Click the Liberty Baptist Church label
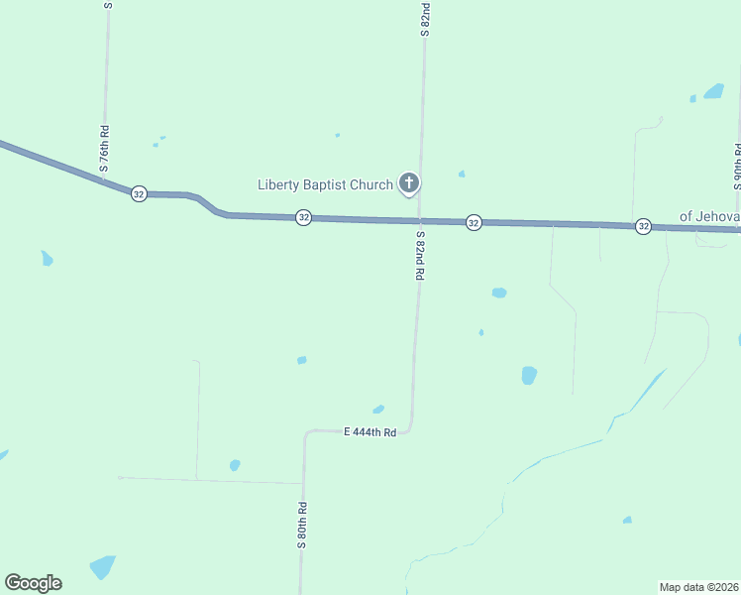(x=325, y=184)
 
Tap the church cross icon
(x=408, y=182)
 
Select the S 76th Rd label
(x=104, y=149)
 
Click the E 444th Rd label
(x=370, y=432)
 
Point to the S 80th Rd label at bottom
(x=302, y=527)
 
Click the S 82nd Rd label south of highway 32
(x=420, y=256)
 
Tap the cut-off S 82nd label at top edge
(x=425, y=19)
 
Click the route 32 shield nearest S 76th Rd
(x=139, y=193)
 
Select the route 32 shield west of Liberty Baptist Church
(x=303, y=217)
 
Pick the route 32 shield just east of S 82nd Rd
(x=474, y=222)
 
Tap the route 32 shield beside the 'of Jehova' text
(x=643, y=226)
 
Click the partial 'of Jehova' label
(x=708, y=215)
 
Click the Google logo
(x=33, y=583)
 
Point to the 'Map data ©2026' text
(x=698, y=586)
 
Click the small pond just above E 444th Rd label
(x=378, y=409)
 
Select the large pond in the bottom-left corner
(x=102, y=567)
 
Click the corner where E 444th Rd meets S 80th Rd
(x=306, y=433)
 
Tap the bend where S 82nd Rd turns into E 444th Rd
(x=409, y=428)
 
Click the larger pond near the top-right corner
(x=713, y=91)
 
